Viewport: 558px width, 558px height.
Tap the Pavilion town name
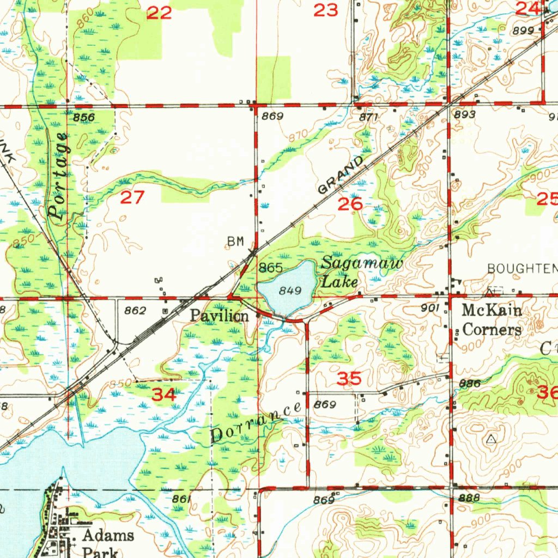click(220, 315)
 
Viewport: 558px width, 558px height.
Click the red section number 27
click(132, 197)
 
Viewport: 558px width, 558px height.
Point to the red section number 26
click(350, 205)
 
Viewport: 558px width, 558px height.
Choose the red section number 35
click(349, 379)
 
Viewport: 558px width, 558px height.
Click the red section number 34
click(163, 395)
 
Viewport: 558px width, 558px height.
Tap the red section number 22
click(159, 13)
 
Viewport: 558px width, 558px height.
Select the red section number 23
click(326, 10)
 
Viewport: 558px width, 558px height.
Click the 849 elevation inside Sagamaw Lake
click(290, 291)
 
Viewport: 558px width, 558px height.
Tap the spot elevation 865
click(270, 268)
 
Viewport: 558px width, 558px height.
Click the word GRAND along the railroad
click(341, 175)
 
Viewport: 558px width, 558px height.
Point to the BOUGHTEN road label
click(522, 268)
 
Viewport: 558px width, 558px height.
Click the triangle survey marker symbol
click(492, 439)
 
